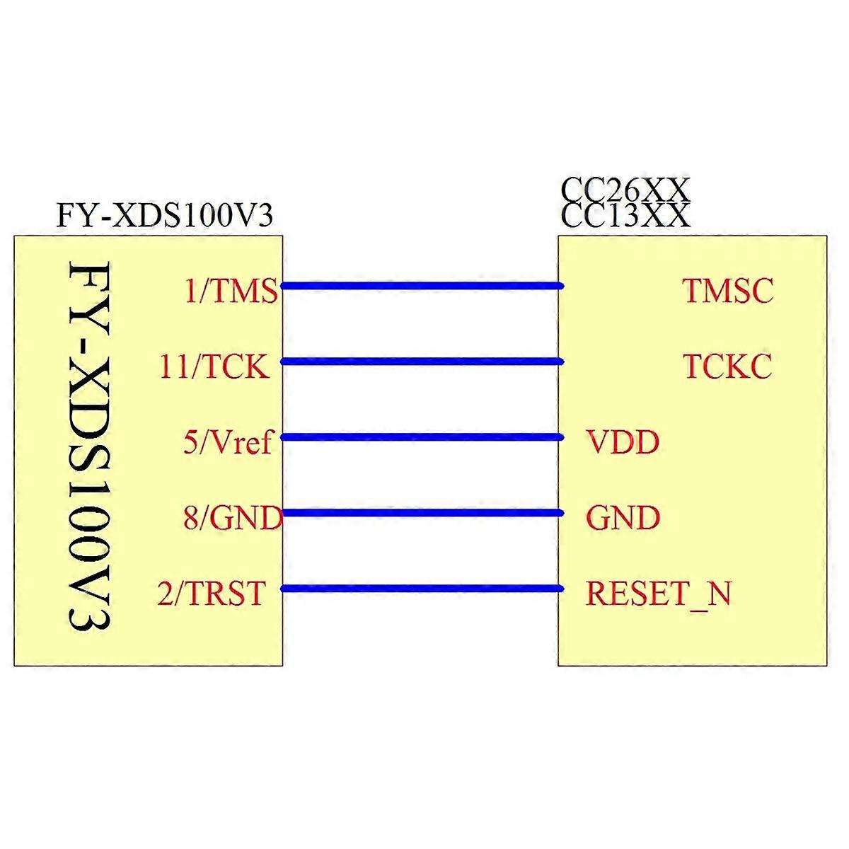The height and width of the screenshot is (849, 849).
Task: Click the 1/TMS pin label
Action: coord(231,291)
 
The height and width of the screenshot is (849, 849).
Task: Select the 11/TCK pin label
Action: coord(214,366)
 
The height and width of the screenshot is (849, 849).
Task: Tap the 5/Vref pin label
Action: coord(228,442)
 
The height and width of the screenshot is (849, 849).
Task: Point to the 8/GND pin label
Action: coord(233,518)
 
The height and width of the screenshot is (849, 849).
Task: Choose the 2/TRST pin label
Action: coord(212,594)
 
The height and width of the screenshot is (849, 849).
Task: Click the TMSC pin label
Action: coord(728,291)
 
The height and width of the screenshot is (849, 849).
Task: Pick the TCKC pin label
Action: coord(727,366)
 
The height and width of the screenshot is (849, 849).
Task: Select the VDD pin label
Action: coord(622,442)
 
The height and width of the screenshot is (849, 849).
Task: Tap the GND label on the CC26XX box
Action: coord(623,518)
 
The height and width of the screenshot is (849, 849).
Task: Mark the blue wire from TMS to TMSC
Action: coord(422,286)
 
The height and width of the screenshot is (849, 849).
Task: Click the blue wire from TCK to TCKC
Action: coord(422,362)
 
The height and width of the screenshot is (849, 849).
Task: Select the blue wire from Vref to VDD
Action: coord(422,437)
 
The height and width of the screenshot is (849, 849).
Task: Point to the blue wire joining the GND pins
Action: coord(422,513)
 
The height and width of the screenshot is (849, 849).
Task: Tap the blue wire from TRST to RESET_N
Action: coord(422,589)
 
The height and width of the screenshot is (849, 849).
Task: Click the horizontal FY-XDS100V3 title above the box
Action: coord(165,216)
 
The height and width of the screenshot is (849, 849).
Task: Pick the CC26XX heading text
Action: coord(624,190)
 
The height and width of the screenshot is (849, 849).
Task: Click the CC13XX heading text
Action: coord(625,216)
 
